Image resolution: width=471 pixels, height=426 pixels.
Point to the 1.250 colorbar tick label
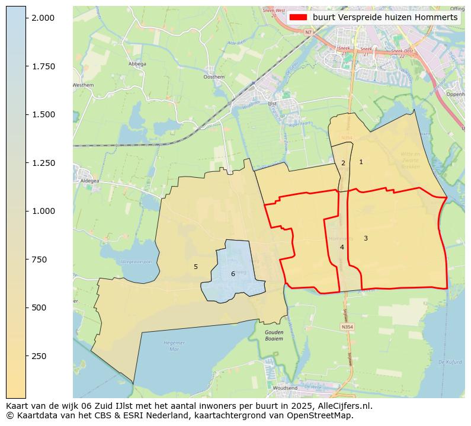[x=44, y=163]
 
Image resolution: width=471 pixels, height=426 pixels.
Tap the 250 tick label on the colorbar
[x=39, y=356]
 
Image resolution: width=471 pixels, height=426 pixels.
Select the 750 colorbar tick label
[x=39, y=260]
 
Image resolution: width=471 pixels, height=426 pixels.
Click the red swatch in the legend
[x=299, y=18]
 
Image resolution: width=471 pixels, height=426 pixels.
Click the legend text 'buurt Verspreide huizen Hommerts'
[x=385, y=18]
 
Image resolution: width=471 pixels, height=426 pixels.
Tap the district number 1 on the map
[x=361, y=162]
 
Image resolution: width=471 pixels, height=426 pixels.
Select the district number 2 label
[x=343, y=163]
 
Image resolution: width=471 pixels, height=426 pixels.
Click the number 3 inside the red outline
[x=366, y=238]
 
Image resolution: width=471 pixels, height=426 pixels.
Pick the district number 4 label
[x=342, y=247]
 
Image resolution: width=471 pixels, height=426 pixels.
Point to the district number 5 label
[x=196, y=267]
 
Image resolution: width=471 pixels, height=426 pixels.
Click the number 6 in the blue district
[x=233, y=274]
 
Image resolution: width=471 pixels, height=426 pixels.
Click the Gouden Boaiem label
[x=274, y=335]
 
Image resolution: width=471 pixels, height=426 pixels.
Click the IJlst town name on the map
[x=273, y=102]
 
